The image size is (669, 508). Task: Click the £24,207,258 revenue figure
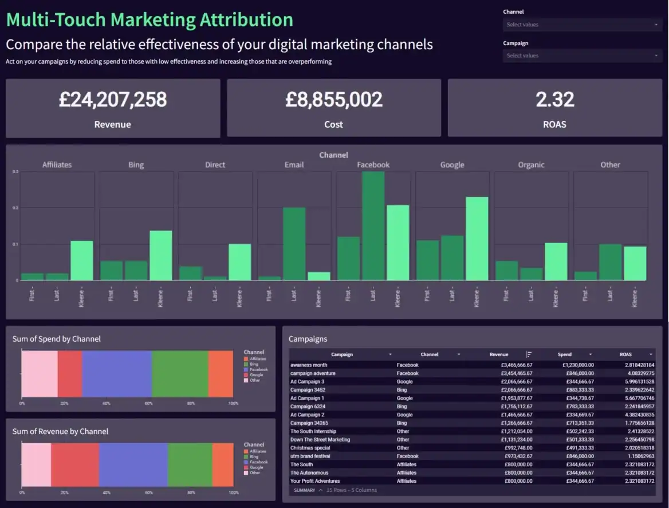point(113,100)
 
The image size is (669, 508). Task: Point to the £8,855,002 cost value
point(334,100)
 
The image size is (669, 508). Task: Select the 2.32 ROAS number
point(554,100)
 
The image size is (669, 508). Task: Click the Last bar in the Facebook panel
point(373,226)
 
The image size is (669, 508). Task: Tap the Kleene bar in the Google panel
point(477,239)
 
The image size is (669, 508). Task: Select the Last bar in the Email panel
point(294,244)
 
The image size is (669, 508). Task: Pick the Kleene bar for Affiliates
point(81,260)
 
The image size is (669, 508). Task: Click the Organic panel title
point(531,165)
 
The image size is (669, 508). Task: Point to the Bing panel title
point(136,165)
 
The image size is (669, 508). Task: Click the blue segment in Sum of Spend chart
point(117,373)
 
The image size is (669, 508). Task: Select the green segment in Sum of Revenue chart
point(190,466)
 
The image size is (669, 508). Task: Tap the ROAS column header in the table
point(625,354)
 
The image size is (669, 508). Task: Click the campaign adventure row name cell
point(313,373)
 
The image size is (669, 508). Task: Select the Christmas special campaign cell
point(310,448)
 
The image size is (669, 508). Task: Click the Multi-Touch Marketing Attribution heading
point(149,19)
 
